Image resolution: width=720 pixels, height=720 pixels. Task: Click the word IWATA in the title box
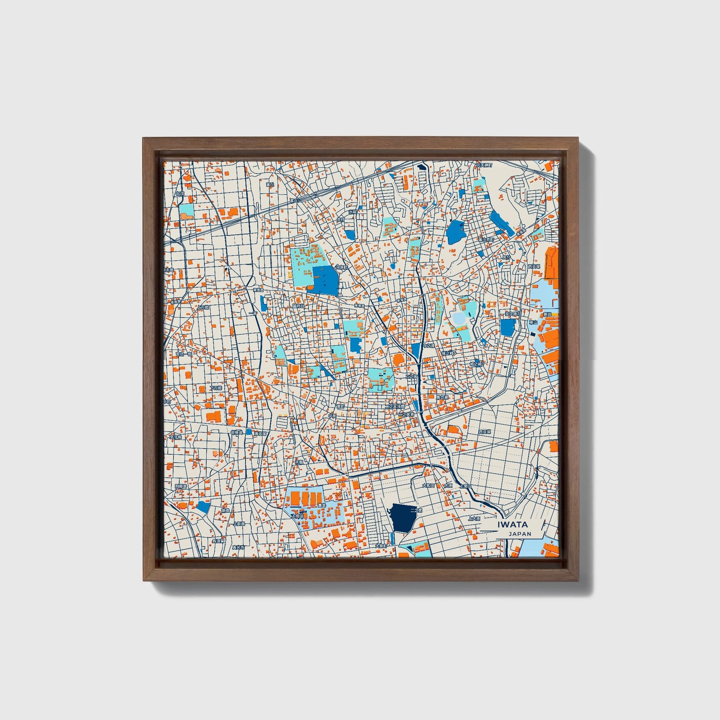[512, 524]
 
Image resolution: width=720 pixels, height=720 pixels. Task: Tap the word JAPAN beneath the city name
[520, 534]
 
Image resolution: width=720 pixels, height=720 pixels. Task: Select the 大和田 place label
[428, 485]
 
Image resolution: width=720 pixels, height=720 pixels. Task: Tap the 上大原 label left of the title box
[474, 519]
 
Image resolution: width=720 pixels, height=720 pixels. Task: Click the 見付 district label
[506, 258]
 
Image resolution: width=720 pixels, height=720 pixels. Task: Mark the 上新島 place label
[239, 524]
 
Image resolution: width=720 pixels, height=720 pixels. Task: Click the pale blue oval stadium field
[458, 317]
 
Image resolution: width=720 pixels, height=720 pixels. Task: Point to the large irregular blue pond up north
[454, 232]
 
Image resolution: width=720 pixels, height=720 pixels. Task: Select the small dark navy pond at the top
[423, 167]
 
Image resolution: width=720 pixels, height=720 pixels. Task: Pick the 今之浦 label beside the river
[428, 344]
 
